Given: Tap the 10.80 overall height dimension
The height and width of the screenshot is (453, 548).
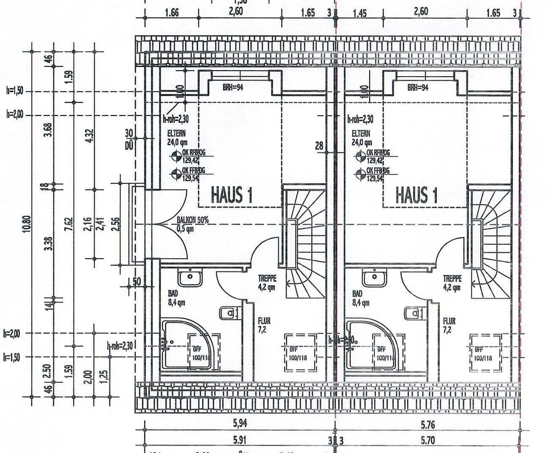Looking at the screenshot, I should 28,223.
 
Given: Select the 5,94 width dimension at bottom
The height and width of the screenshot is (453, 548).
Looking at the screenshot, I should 240,423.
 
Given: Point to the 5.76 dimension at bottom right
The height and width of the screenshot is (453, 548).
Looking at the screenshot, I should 427,424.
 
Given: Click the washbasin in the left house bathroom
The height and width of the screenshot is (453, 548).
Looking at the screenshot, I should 190,278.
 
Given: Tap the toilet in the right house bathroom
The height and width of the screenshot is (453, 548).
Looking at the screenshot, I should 413,313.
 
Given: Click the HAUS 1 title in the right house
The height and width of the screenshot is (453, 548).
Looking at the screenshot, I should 416,195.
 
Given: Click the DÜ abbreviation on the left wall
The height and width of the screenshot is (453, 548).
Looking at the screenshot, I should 129,146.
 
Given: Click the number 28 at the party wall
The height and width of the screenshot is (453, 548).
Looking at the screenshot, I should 319,146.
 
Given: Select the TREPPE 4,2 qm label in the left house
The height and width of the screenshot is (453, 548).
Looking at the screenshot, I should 267,283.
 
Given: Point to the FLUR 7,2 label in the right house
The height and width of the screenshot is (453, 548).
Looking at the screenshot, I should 449,326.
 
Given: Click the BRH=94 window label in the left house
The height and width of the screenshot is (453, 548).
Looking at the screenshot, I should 233,88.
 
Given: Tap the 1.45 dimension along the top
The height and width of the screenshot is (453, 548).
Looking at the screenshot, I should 359,13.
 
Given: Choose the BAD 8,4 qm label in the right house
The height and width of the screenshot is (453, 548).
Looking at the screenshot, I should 360,298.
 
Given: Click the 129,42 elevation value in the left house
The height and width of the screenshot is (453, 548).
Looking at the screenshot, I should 190,160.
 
